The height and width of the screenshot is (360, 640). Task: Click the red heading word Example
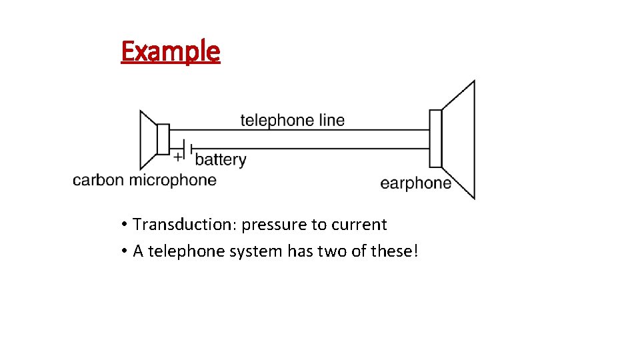point(170,51)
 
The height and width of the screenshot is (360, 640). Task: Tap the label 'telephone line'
point(293,120)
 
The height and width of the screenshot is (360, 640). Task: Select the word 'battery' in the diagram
point(221,159)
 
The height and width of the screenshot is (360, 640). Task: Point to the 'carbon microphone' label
point(145,179)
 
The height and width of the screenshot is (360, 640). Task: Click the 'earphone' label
point(415,183)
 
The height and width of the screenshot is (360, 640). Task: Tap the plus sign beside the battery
point(177,157)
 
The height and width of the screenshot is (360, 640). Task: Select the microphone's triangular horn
point(147,139)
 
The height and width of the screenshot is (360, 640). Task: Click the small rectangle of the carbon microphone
point(163,139)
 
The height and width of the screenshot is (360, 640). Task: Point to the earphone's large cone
point(460,139)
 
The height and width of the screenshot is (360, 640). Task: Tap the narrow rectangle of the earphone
point(435,139)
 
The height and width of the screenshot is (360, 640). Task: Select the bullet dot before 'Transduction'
point(125,224)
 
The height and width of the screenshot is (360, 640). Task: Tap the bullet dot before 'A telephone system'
point(125,251)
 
